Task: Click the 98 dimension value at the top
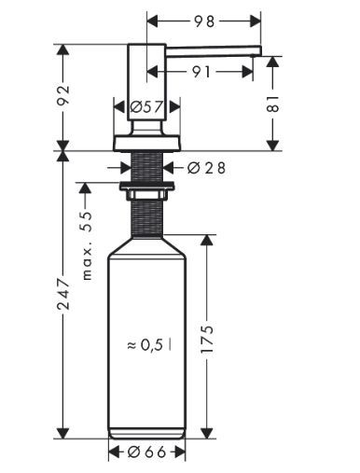pos(204,21)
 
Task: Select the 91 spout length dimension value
pos(201,72)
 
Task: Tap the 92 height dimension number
pos(63,95)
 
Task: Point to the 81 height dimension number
pos(273,104)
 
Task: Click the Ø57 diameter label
pos(146,107)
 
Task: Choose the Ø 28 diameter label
pos(206,168)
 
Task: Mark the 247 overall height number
pos(63,294)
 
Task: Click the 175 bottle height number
pos(207,340)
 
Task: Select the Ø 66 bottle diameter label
pos(146,452)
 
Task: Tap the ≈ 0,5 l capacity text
pos(148,344)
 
